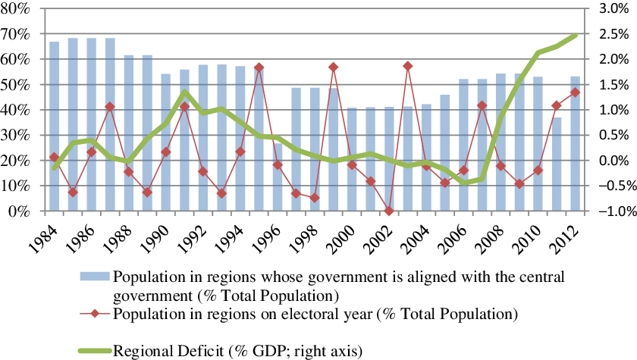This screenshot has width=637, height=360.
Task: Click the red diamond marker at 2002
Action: tap(389, 211)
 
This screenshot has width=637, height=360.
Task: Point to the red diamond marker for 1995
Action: tap(259, 67)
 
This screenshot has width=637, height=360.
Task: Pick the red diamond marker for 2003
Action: tap(408, 66)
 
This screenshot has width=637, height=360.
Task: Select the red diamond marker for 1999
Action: tap(333, 67)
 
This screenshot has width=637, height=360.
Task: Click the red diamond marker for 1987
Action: tap(110, 107)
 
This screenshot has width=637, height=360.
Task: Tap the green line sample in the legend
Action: tap(93, 350)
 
